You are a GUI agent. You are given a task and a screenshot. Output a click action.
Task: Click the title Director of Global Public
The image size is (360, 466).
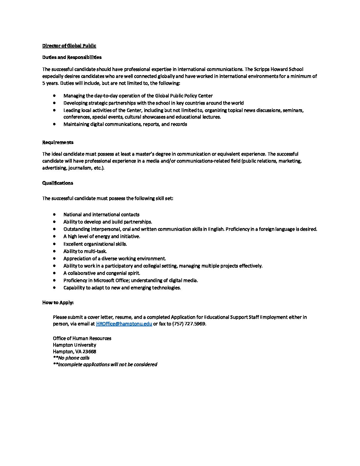tap(69, 46)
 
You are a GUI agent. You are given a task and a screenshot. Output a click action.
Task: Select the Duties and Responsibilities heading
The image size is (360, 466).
tap(72, 57)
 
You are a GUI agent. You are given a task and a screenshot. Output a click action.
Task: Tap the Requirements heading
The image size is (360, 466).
tap(58, 142)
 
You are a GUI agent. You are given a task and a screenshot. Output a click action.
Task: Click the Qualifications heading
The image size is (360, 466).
tap(58, 183)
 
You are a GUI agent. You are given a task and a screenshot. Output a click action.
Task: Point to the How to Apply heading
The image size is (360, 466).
tap(58, 303)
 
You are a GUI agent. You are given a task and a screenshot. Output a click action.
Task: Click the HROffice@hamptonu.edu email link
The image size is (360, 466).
tap(124, 324)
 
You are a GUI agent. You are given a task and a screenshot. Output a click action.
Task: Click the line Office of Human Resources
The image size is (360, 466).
tap(82, 338)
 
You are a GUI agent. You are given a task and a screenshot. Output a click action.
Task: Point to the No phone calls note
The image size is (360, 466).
tap(71, 358)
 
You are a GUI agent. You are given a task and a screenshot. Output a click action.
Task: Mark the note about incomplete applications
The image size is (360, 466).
tap(105, 364)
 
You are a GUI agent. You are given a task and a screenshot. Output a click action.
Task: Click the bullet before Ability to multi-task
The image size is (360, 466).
tap(54, 251)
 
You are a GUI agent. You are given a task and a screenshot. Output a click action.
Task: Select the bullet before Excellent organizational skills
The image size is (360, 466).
tap(54, 244)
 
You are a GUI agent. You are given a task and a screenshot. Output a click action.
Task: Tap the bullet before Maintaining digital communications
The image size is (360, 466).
tap(54, 124)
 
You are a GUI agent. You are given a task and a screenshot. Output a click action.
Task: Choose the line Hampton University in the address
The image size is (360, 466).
tap(74, 345)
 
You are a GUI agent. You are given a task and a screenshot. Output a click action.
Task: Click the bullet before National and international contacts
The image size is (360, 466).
tap(54, 214)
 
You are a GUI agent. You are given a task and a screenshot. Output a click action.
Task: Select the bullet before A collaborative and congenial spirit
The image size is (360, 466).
tap(54, 273)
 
